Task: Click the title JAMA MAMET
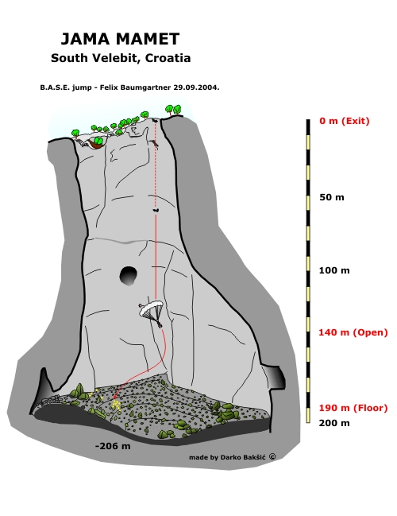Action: click(120, 39)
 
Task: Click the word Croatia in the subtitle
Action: click(168, 58)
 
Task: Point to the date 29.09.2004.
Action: click(197, 87)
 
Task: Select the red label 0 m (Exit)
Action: click(345, 121)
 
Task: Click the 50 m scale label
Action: click(332, 197)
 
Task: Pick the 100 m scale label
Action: click(334, 270)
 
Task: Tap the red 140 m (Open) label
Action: click(353, 332)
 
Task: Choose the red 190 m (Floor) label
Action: click(353, 408)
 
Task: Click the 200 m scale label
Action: click(334, 423)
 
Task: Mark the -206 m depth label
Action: click(113, 446)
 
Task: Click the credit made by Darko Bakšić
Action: click(227, 457)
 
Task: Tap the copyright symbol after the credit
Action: click(272, 456)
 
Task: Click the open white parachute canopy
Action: click(151, 308)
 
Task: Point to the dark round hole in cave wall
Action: click(128, 275)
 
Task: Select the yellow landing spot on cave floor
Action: click(116, 403)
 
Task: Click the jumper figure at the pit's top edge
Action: click(155, 120)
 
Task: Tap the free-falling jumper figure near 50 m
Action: click(156, 210)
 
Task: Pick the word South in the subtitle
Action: click(70, 58)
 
